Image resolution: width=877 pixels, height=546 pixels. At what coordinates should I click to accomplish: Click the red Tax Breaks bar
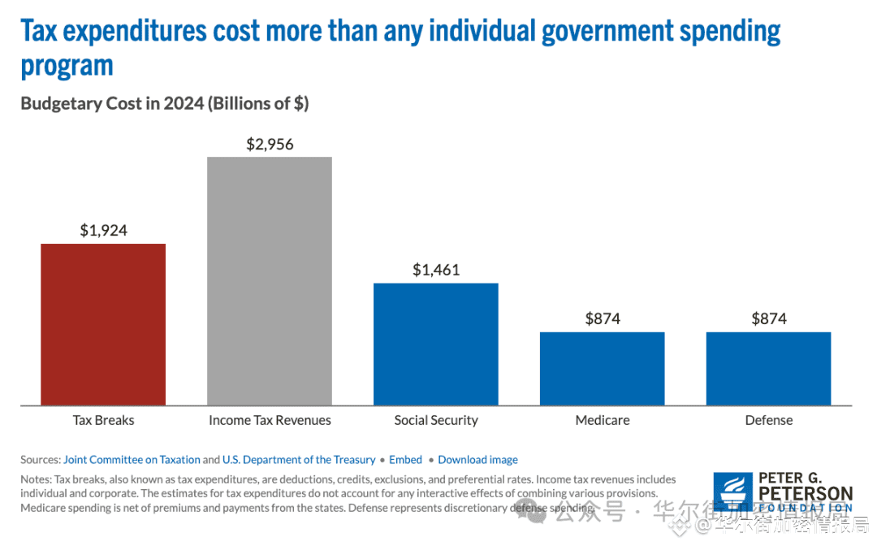(x=103, y=324)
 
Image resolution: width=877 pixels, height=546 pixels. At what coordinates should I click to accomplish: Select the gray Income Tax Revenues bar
(x=270, y=281)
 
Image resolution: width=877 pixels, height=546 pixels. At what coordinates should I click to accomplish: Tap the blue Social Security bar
(x=436, y=344)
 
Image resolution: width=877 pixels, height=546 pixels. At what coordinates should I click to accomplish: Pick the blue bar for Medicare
(x=603, y=368)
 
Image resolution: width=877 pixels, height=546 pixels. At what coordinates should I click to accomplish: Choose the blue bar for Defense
(x=768, y=368)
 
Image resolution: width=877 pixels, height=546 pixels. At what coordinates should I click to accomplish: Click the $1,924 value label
(x=103, y=231)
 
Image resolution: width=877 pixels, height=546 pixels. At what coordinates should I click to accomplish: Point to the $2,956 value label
(x=270, y=145)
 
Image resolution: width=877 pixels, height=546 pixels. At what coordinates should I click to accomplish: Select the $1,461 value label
(x=436, y=270)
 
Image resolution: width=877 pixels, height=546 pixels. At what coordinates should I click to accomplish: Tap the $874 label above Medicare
(x=603, y=318)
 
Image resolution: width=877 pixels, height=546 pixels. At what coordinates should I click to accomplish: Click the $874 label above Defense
(x=768, y=318)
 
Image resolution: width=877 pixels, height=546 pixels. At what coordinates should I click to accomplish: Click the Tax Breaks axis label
(x=103, y=420)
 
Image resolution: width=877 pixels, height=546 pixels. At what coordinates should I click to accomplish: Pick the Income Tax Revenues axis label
(x=270, y=420)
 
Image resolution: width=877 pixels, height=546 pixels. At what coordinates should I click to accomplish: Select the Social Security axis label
(x=436, y=420)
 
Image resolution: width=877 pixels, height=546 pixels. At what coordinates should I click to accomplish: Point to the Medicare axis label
(x=603, y=420)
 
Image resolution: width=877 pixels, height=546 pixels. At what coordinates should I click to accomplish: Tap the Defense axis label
(x=768, y=420)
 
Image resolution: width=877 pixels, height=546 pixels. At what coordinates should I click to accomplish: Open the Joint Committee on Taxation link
(x=132, y=460)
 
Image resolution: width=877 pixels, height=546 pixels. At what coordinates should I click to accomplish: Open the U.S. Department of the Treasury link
(x=299, y=460)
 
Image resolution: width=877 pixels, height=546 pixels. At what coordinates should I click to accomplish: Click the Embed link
(x=405, y=460)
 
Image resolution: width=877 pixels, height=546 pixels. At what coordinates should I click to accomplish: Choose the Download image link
(x=477, y=460)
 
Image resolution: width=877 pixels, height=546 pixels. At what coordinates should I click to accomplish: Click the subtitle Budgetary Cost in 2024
(x=165, y=104)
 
